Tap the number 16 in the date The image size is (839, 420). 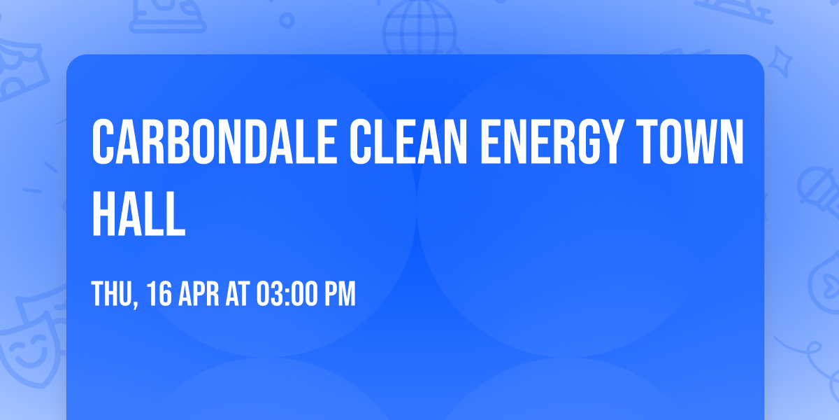click(x=159, y=295)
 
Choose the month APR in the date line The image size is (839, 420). click(x=199, y=295)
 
